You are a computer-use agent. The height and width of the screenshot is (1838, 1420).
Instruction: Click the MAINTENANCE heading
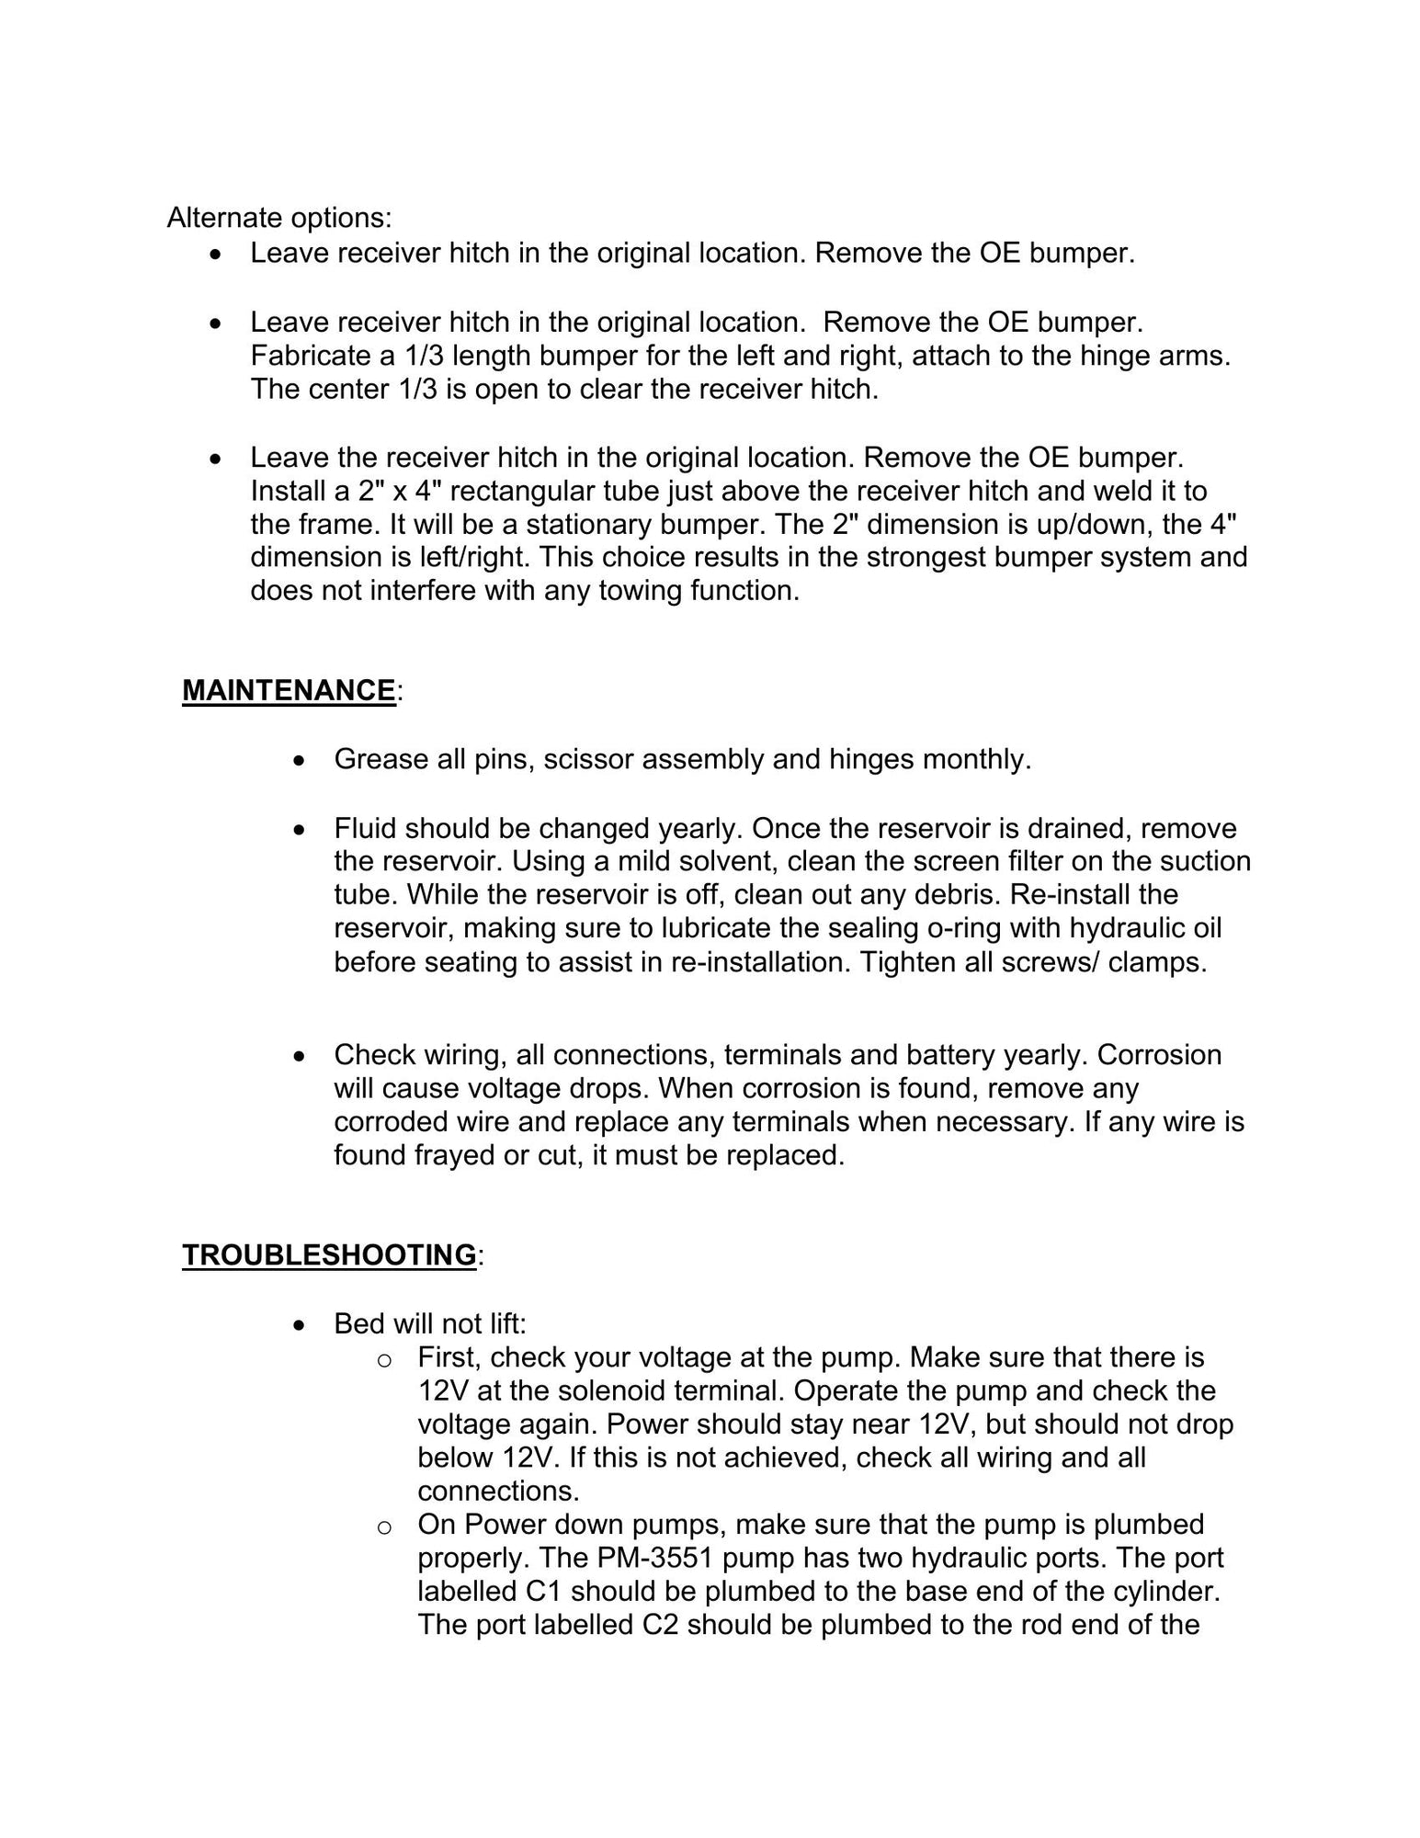pyautogui.click(x=289, y=690)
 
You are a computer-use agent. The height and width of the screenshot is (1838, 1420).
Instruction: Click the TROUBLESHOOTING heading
pyautogui.click(x=329, y=1254)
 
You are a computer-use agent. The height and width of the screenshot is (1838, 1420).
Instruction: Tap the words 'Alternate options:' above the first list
pyautogui.click(x=279, y=218)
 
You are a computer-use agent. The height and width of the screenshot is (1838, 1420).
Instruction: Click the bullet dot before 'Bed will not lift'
pyautogui.click(x=298, y=1325)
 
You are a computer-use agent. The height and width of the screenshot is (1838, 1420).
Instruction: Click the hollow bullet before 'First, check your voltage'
pyautogui.click(x=385, y=1360)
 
